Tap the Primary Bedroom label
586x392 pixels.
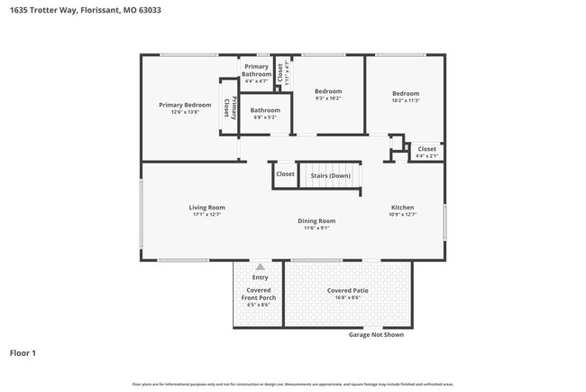[185, 105]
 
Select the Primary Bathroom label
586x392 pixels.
[256, 70]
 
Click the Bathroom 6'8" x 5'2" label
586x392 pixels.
[265, 110]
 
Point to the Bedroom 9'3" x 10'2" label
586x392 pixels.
[328, 91]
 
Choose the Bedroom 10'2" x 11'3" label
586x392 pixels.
[406, 94]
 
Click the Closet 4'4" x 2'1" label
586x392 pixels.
[426, 149]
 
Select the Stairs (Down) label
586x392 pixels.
[331, 175]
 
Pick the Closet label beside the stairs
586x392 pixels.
[285, 174]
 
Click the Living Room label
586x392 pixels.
[206, 208]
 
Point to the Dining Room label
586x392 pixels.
[316, 220]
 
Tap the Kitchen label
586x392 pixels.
[402, 208]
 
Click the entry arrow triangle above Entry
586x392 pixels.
[260, 266]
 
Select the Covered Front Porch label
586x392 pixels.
[259, 293]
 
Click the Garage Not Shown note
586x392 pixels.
[376, 334]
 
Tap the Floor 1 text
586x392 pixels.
[23, 352]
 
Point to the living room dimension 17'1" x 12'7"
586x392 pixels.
[206, 215]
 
